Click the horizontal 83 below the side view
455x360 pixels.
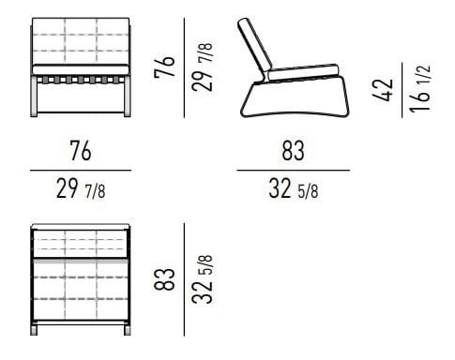point(292,150)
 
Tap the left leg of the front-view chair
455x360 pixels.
point(36,97)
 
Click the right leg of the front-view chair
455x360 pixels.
point(125,97)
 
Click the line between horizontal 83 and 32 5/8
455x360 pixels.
point(292,170)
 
